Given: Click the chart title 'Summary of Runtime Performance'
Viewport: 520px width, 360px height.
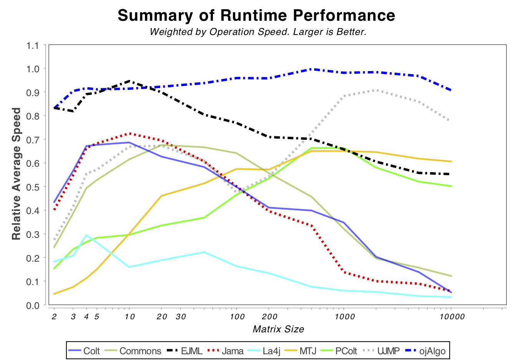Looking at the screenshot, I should tap(256, 16).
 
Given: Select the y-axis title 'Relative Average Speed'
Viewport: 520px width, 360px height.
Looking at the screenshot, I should tap(16, 174).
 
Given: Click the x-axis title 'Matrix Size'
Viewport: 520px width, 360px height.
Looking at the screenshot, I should tap(278, 329).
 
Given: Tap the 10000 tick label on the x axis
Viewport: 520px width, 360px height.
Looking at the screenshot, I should tap(451, 317).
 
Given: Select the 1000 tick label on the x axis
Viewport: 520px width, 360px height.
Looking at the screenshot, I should tap(344, 317).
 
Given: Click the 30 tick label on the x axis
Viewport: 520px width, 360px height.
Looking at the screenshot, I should tap(181, 317).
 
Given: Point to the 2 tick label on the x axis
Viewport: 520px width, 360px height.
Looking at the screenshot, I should tap(54, 317).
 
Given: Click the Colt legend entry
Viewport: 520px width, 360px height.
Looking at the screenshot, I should tap(84, 351).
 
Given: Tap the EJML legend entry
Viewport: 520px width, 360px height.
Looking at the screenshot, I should tap(185, 351).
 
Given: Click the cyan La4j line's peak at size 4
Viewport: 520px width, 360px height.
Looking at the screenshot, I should tap(86, 235).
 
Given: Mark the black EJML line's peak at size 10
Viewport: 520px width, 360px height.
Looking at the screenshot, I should tap(129, 81).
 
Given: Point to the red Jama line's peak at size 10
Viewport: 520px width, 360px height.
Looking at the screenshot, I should tap(129, 133).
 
